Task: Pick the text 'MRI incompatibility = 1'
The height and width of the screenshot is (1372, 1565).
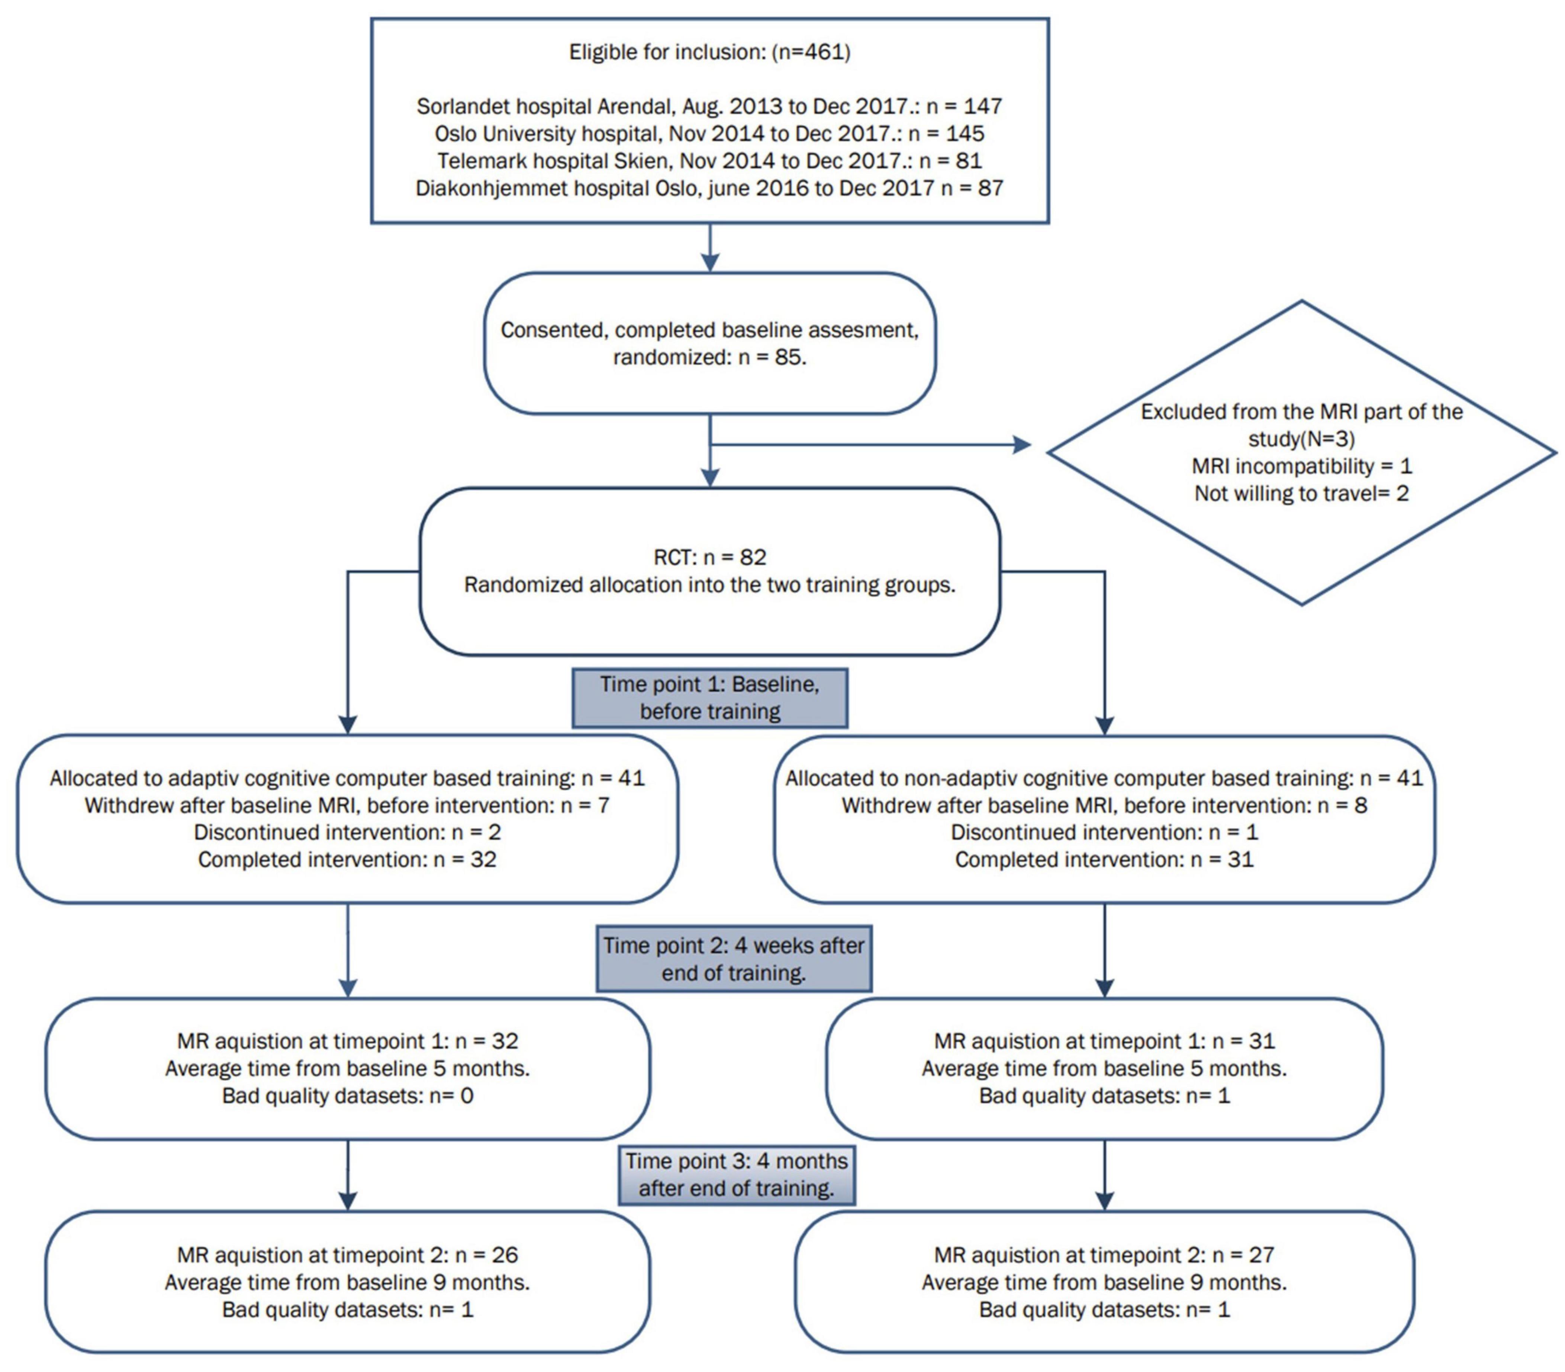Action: point(1302,466)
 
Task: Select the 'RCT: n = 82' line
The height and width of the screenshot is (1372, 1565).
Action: point(710,557)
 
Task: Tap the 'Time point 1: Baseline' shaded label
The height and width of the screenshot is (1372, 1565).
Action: point(710,697)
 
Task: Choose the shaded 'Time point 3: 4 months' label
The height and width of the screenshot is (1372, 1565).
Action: point(737,1175)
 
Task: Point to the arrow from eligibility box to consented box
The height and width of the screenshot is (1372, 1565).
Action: point(711,247)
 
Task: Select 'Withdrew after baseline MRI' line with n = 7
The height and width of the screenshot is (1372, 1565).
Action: point(347,806)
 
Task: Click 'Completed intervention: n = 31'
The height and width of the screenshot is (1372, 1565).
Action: point(1104,860)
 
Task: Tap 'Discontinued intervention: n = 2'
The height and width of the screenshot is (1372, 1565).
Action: point(347,832)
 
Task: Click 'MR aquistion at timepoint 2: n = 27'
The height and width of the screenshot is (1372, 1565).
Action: point(1104,1255)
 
